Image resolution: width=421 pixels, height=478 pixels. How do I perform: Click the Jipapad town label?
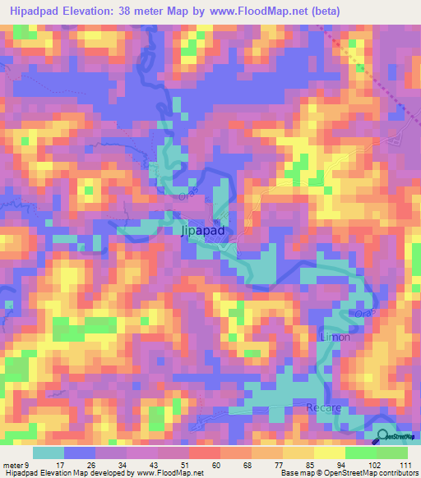[201, 232]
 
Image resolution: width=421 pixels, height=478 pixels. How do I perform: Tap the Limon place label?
[335, 337]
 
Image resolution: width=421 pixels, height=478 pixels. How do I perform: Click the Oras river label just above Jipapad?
[184, 197]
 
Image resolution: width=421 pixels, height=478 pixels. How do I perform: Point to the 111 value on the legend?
[403, 465]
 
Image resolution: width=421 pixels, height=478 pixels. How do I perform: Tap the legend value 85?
[309, 465]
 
